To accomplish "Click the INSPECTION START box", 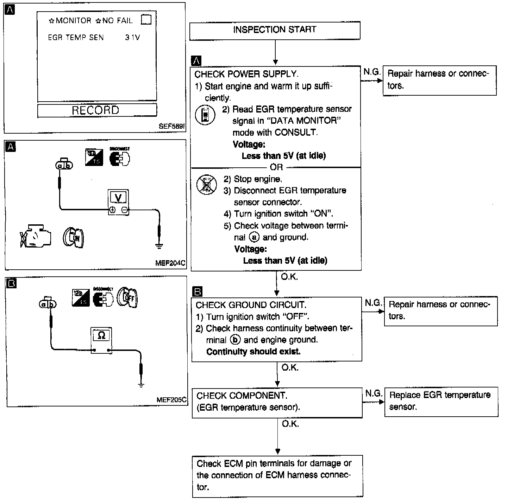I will [275, 30].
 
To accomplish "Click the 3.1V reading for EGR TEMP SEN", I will [132, 37].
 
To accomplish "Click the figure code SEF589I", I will [172, 126].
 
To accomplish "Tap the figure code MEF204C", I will [170, 263].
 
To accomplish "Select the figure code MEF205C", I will [172, 400].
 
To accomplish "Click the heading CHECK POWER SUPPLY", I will [246, 74].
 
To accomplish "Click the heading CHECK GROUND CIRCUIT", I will [251, 305].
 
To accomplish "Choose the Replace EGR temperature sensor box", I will [441, 401].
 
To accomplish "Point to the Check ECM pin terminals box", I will [277, 475].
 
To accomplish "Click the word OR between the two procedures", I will [276, 167].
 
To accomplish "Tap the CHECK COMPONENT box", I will [277, 402].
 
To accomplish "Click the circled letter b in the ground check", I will [235, 340].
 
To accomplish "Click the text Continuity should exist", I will [254, 352].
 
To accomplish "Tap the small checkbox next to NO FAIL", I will [146, 19].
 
